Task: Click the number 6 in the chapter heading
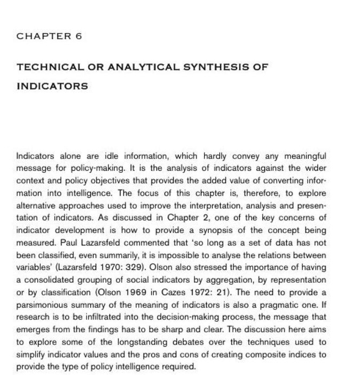(x=79, y=36)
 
